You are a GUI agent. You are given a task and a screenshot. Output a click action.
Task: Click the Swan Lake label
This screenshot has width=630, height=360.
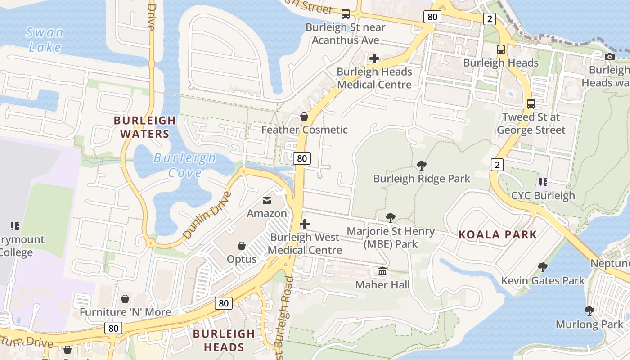44,40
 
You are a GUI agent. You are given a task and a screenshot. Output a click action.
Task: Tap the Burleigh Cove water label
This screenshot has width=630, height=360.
184,165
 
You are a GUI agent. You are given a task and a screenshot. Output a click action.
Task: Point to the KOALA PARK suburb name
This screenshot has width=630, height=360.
497,234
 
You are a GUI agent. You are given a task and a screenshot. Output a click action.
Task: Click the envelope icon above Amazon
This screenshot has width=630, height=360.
267,200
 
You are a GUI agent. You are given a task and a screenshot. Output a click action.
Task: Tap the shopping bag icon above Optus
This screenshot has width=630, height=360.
242,246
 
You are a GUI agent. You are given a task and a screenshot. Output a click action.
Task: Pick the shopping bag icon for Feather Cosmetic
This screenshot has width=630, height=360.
304,117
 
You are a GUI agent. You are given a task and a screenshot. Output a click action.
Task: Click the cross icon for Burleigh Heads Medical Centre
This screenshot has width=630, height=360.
374,58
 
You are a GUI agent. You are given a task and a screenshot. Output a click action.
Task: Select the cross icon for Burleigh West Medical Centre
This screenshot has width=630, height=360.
305,224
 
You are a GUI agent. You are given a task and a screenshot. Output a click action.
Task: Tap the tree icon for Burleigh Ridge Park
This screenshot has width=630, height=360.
422,166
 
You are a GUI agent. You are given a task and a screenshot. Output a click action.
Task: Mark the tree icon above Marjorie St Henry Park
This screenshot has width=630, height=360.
391,218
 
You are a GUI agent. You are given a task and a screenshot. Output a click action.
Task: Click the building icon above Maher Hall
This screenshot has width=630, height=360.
382,271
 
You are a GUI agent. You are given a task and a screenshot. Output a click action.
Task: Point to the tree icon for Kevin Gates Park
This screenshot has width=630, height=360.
543,267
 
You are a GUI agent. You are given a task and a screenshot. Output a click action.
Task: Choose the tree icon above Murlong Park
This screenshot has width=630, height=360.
589,310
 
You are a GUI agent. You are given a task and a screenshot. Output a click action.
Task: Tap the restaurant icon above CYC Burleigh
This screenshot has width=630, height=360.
543,182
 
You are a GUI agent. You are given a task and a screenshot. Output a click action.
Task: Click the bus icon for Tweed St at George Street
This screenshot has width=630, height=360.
531,104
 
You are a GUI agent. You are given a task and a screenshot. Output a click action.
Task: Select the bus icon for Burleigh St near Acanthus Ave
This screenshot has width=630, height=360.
346,14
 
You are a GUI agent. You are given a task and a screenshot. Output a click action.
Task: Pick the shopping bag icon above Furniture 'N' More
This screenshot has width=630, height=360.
125,299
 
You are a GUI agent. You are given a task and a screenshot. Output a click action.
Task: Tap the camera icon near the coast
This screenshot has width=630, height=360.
610,57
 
